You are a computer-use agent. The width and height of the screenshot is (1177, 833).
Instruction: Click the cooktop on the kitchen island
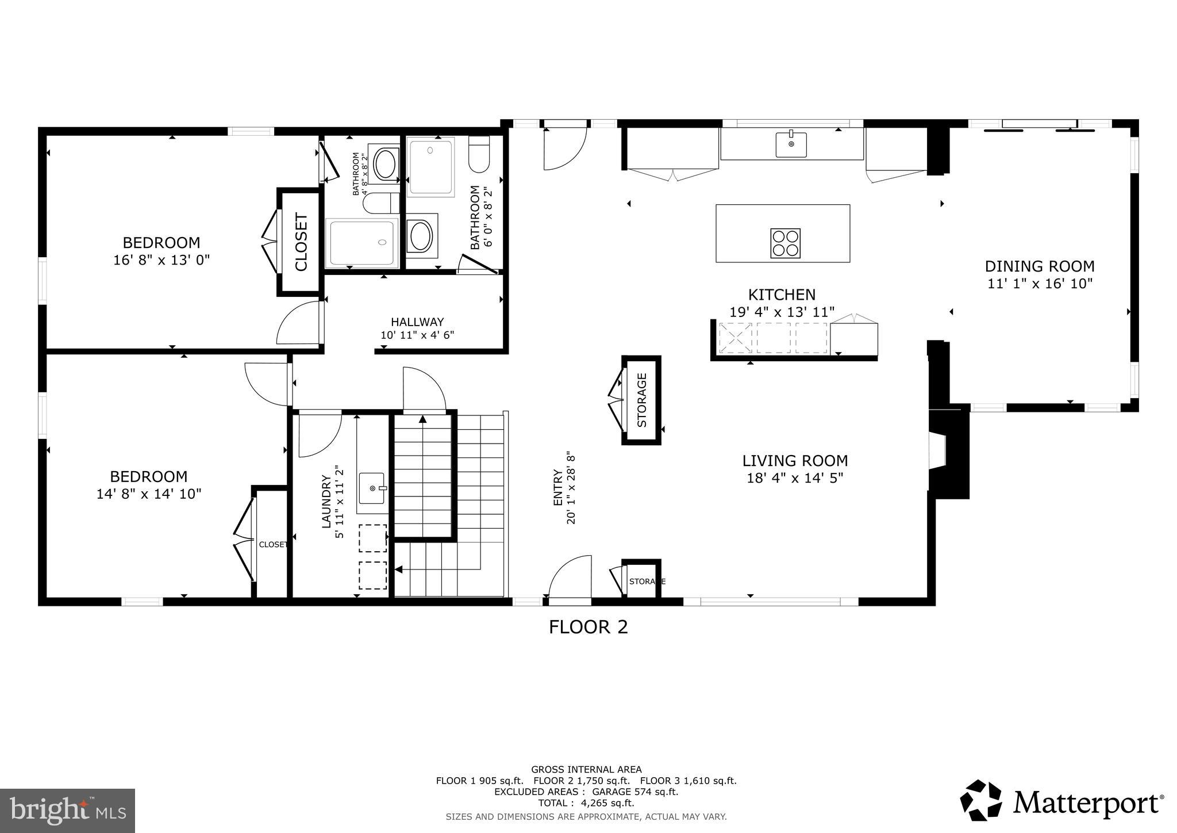[785, 243]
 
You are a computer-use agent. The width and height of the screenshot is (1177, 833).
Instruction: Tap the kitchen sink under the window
[791, 144]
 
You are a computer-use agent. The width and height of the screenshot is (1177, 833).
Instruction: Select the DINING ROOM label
[1039, 266]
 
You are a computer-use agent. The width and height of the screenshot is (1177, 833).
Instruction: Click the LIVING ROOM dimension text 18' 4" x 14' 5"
[794, 478]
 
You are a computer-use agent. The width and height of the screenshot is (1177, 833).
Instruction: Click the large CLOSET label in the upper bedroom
[301, 242]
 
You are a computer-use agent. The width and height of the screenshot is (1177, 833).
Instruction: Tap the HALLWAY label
[417, 322]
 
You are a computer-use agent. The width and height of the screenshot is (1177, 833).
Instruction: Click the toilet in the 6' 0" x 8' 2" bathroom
[478, 154]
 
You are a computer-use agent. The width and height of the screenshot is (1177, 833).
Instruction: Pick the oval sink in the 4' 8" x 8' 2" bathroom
[384, 164]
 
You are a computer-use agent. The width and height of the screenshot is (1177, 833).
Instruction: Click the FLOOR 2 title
[588, 627]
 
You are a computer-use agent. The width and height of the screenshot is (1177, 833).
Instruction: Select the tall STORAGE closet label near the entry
[642, 400]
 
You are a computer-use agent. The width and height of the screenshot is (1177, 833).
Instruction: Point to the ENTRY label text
[557, 488]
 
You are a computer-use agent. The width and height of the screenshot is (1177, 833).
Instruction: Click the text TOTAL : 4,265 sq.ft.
[586, 803]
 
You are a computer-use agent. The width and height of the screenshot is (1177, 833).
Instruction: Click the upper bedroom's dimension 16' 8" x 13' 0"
[161, 260]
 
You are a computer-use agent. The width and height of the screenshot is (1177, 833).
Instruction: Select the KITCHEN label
[782, 295]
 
